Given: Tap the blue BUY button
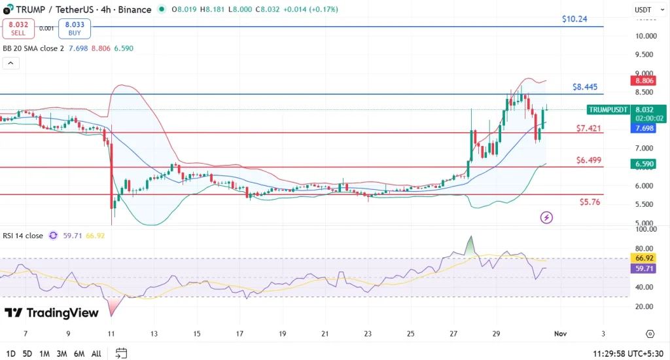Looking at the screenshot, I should pyautogui.click(x=75, y=29).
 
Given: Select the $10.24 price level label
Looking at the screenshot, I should pyautogui.click(x=574, y=19).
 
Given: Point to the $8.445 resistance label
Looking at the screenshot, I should pyautogui.click(x=585, y=86).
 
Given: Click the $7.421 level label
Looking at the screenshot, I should pyautogui.click(x=589, y=128).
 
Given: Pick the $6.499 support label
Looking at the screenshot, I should pyautogui.click(x=589, y=160).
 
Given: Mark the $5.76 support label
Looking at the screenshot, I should pyautogui.click(x=589, y=202).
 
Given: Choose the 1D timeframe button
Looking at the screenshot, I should pyautogui.click(x=10, y=353).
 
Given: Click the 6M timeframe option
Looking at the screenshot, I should pyautogui.click(x=79, y=353).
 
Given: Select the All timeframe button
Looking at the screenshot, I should pyautogui.click(x=96, y=353).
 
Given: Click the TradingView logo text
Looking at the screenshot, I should pyautogui.click(x=52, y=313).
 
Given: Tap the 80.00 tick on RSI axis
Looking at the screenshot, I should pyautogui.click(x=646, y=249).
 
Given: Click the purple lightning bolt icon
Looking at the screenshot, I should pyautogui.click(x=547, y=217).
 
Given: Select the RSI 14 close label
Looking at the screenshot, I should pyautogui.click(x=22, y=235).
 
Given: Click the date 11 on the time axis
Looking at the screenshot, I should pyautogui.click(x=111, y=334).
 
